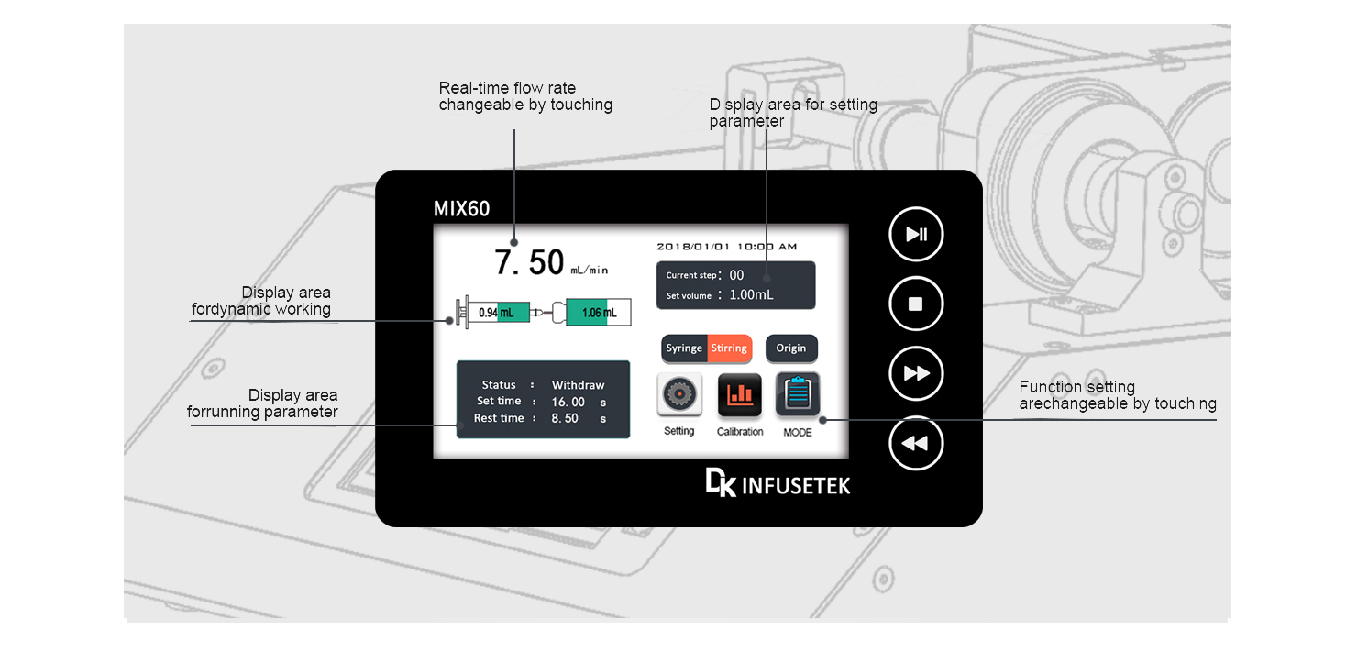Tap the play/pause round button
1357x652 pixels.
(x=916, y=235)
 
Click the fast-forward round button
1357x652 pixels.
(x=916, y=374)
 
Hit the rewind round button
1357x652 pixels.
(x=916, y=444)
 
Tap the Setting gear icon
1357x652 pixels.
(x=679, y=395)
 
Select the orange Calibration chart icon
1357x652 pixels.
(x=739, y=395)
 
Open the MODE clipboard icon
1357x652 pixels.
(x=798, y=395)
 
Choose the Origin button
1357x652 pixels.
(x=790, y=348)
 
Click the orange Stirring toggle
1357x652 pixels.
(x=730, y=348)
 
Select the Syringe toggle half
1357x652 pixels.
(x=684, y=348)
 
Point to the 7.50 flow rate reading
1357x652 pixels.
(x=529, y=262)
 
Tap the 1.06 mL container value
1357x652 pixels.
(x=599, y=313)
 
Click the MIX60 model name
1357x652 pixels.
(x=461, y=209)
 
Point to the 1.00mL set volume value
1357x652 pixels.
(x=751, y=295)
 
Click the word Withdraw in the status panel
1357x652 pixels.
(x=578, y=385)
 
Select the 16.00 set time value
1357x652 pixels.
(x=568, y=402)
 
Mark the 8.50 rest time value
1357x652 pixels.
(x=565, y=418)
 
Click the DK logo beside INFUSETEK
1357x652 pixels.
(x=720, y=483)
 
